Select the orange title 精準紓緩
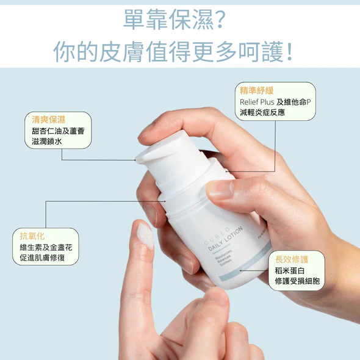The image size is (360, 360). coord(257,91)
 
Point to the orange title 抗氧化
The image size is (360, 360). coord(32,236)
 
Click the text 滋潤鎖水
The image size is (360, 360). coord(46,142)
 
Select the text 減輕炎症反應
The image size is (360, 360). coord(262,113)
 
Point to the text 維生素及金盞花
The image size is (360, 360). coord(45,247)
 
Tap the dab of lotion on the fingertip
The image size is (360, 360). coord(145,235)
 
